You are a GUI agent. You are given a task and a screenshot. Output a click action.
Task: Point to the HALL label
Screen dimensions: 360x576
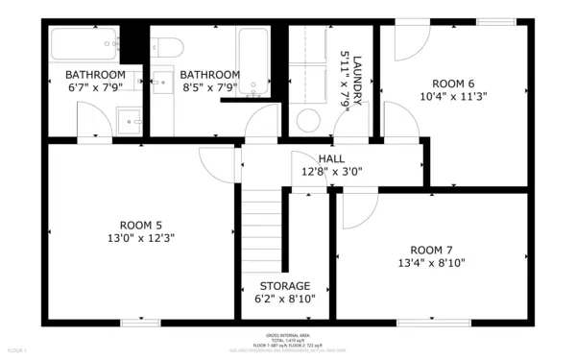[x=331, y=158]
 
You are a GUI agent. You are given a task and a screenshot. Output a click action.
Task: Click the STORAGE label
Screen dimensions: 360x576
[x=285, y=286]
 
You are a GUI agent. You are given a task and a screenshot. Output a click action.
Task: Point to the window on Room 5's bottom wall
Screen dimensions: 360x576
[x=140, y=322]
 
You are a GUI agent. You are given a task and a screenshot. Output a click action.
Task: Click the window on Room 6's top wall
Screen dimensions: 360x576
[x=495, y=21]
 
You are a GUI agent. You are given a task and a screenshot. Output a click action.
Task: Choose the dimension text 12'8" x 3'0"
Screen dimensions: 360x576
[x=331, y=173]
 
